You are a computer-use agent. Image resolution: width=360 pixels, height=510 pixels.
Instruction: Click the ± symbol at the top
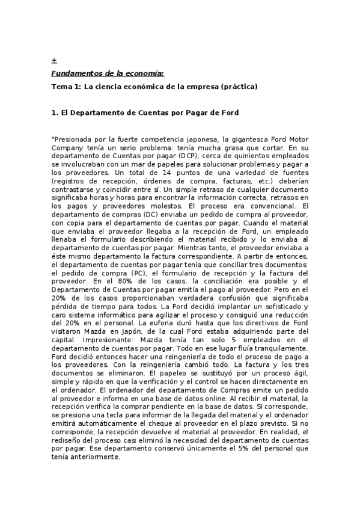(x=54, y=61)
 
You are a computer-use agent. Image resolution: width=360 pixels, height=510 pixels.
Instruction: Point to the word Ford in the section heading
(x=230, y=112)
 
